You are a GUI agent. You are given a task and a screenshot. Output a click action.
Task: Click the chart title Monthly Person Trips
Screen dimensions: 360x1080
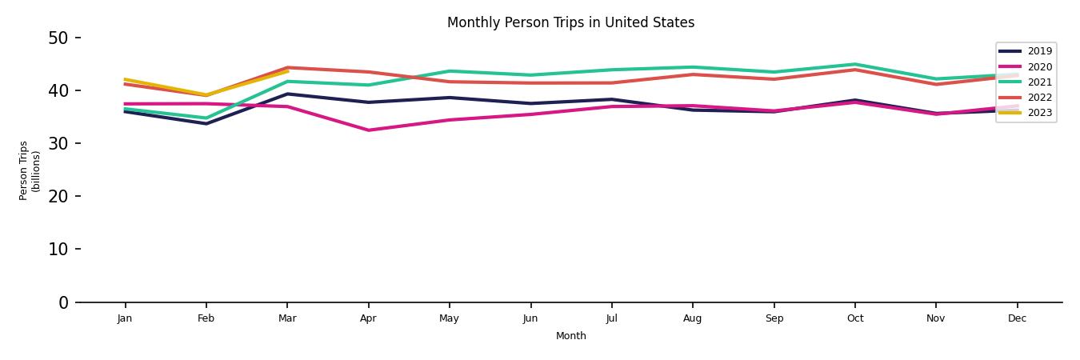(x=570, y=22)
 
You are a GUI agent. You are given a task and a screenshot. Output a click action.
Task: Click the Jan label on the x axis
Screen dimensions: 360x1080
(x=125, y=318)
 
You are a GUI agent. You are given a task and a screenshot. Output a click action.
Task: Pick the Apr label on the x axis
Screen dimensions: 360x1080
(x=368, y=318)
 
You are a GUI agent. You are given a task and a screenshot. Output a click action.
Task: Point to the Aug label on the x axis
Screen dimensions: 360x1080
(x=693, y=318)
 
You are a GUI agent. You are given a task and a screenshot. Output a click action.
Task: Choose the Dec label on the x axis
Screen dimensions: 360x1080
(x=1017, y=318)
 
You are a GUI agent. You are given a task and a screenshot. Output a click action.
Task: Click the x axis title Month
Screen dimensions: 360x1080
(x=571, y=336)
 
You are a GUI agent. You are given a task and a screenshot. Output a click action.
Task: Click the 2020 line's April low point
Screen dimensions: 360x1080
(x=368, y=130)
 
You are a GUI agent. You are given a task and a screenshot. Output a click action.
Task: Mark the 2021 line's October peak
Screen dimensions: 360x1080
(x=855, y=64)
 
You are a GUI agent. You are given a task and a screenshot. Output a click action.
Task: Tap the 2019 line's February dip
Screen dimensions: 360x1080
(x=206, y=123)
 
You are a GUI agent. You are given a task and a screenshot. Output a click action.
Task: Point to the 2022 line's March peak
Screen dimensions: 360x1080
(x=287, y=67)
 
